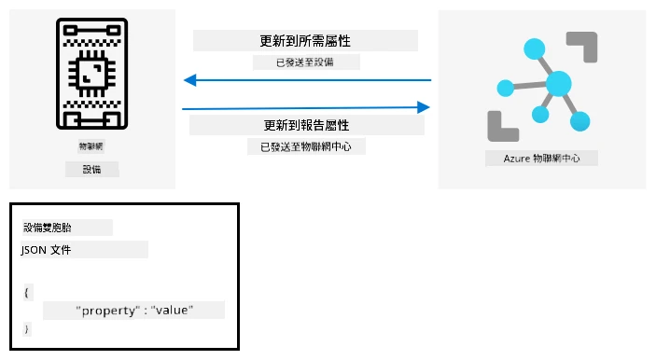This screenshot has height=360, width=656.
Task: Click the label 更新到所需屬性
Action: (305, 41)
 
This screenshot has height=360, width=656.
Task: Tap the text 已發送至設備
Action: (305, 62)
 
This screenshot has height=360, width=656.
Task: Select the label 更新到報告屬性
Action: (306, 125)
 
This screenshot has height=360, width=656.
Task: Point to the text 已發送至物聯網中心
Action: (306, 146)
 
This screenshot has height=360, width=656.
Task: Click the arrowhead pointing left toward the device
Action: (190, 80)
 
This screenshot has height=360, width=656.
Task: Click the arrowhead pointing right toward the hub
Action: (424, 107)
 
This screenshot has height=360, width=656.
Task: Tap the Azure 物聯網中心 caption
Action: (542, 159)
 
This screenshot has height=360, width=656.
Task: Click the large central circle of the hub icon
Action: (559, 84)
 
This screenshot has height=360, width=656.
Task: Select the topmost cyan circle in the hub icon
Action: (535, 48)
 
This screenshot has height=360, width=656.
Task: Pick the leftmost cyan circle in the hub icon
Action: (506, 88)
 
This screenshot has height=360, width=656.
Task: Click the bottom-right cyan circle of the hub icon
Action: (579, 121)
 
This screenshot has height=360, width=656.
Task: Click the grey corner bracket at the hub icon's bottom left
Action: (503, 127)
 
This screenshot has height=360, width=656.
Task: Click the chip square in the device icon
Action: (92, 74)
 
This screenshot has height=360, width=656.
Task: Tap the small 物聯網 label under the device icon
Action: (91, 146)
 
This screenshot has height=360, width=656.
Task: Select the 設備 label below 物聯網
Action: (91, 170)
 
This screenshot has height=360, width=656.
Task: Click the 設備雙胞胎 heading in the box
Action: (48, 228)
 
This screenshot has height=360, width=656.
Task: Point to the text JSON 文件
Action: (46, 250)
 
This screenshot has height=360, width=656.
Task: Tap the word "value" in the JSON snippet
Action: (172, 310)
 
